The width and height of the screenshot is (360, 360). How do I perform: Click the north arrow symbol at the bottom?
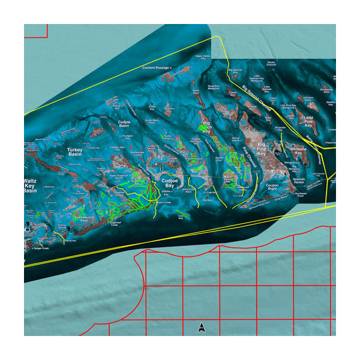click(202, 327)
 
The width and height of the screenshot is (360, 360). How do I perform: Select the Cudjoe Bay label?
click(171, 183)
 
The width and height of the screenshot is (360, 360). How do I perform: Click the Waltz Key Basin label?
click(31, 185)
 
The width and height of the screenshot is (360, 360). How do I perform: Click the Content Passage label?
click(157, 68)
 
